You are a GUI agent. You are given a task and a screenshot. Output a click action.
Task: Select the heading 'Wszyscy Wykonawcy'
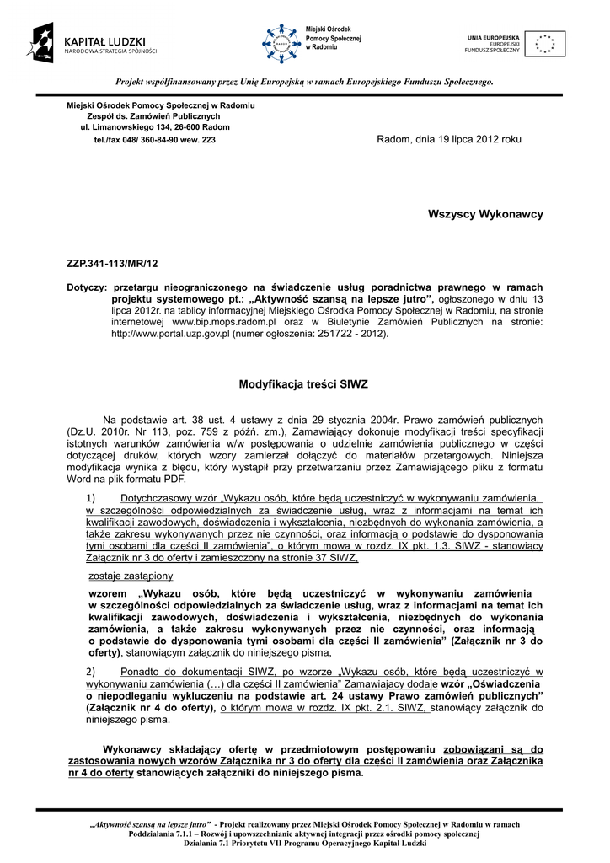(x=486, y=214)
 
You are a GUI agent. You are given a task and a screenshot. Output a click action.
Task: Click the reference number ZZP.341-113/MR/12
(x=112, y=264)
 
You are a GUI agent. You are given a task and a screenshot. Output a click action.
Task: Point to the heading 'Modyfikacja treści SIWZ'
(x=304, y=383)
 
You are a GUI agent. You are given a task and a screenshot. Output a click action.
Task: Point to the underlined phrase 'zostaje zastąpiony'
(x=131, y=576)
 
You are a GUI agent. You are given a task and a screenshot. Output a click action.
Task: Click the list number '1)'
(x=92, y=498)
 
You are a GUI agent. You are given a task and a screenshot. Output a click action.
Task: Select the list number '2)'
(x=92, y=671)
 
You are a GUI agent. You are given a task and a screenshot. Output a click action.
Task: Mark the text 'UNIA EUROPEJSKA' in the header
(x=493, y=37)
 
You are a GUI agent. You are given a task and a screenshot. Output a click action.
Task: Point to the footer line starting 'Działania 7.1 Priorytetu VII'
(x=304, y=844)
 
